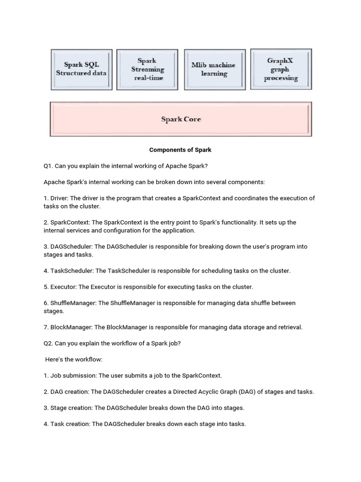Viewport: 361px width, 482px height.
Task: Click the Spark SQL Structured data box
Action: (x=81, y=69)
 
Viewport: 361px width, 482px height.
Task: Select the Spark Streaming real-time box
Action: (x=147, y=69)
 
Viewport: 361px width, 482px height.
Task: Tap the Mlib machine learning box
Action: (x=213, y=69)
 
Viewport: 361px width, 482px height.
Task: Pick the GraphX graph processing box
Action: (x=281, y=69)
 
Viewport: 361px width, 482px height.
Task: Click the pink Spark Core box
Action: (x=181, y=120)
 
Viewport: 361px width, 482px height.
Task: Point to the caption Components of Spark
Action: (x=180, y=150)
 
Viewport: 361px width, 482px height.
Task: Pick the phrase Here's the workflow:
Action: (x=73, y=360)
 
